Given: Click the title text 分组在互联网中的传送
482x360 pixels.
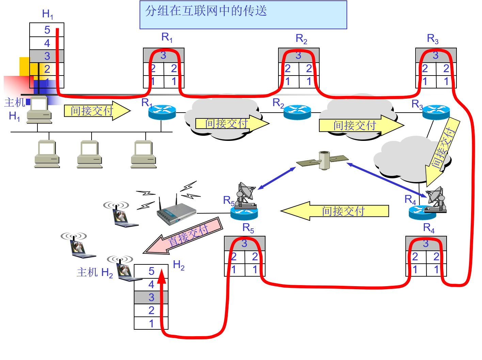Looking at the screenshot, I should [206, 11].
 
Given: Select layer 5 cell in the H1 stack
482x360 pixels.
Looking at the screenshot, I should [47, 30].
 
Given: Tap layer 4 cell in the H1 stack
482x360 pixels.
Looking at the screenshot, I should [47, 43].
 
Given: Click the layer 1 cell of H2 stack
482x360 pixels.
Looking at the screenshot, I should [151, 323].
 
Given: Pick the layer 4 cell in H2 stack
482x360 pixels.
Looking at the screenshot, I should [151, 284].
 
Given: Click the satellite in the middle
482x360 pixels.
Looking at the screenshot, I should [323, 160].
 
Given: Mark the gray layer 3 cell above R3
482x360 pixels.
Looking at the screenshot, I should [436, 55].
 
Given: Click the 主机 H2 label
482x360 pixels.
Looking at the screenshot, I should [95, 272].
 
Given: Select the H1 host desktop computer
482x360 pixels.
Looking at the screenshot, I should [39, 110].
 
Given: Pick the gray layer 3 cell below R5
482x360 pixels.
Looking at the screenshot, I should [244, 244].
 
